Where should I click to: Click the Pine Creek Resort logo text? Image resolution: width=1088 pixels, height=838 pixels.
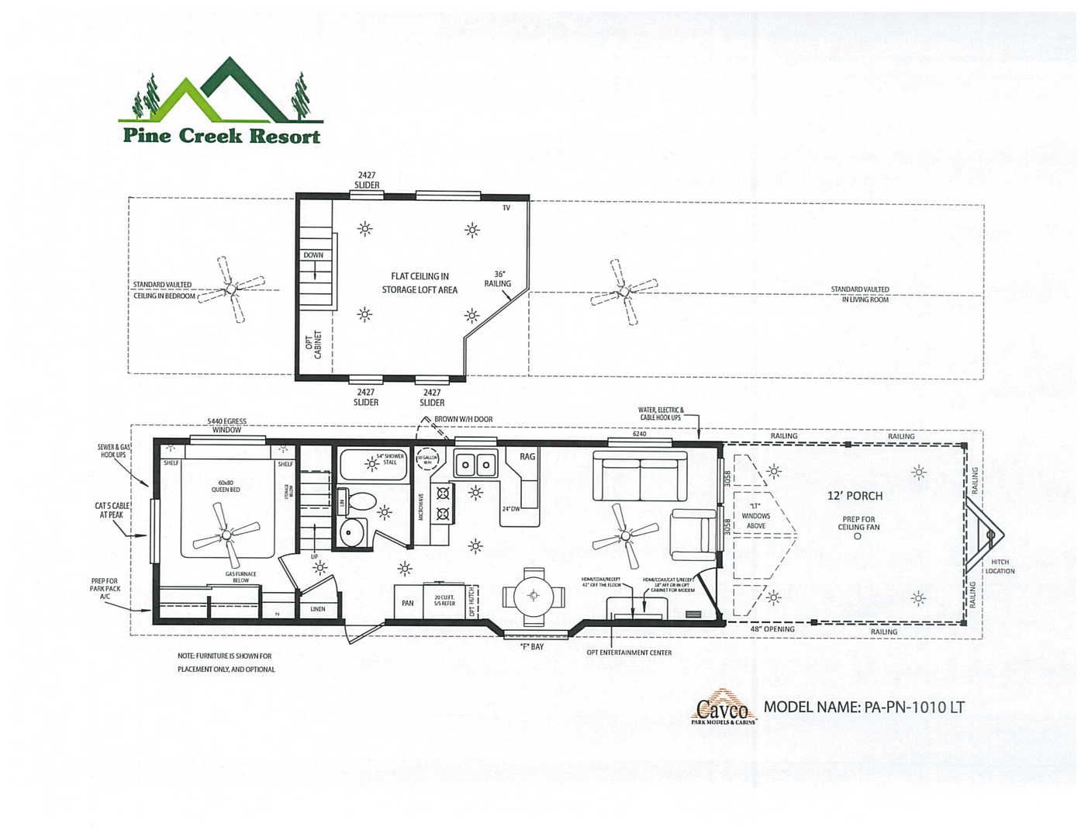(222, 136)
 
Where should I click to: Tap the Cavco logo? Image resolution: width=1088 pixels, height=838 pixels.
(723, 708)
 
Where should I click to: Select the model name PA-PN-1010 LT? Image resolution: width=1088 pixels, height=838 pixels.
(864, 707)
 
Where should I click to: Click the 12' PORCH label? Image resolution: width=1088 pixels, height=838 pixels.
(855, 496)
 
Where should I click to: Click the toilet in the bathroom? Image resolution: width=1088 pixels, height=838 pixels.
(359, 501)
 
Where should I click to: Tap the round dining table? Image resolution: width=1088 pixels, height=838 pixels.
(533, 596)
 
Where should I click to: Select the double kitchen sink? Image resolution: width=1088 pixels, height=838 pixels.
(475, 465)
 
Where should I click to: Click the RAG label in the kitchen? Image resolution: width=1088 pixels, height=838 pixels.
(527, 456)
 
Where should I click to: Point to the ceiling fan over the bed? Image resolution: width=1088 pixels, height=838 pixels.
(226, 535)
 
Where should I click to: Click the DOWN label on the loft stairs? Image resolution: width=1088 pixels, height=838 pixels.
(313, 255)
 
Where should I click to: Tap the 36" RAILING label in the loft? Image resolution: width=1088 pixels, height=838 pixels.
(498, 279)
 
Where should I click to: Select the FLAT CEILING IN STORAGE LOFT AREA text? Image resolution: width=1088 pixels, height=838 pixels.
(420, 283)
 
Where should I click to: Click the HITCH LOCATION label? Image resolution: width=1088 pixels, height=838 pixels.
(1000, 566)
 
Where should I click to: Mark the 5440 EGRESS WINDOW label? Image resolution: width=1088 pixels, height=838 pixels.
(226, 425)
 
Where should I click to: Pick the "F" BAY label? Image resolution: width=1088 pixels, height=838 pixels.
(532, 646)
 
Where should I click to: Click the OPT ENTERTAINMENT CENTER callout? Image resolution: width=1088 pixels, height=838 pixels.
(629, 653)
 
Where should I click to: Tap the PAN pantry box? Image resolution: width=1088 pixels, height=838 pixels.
(407, 603)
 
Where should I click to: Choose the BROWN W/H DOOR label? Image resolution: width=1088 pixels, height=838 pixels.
(463, 419)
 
